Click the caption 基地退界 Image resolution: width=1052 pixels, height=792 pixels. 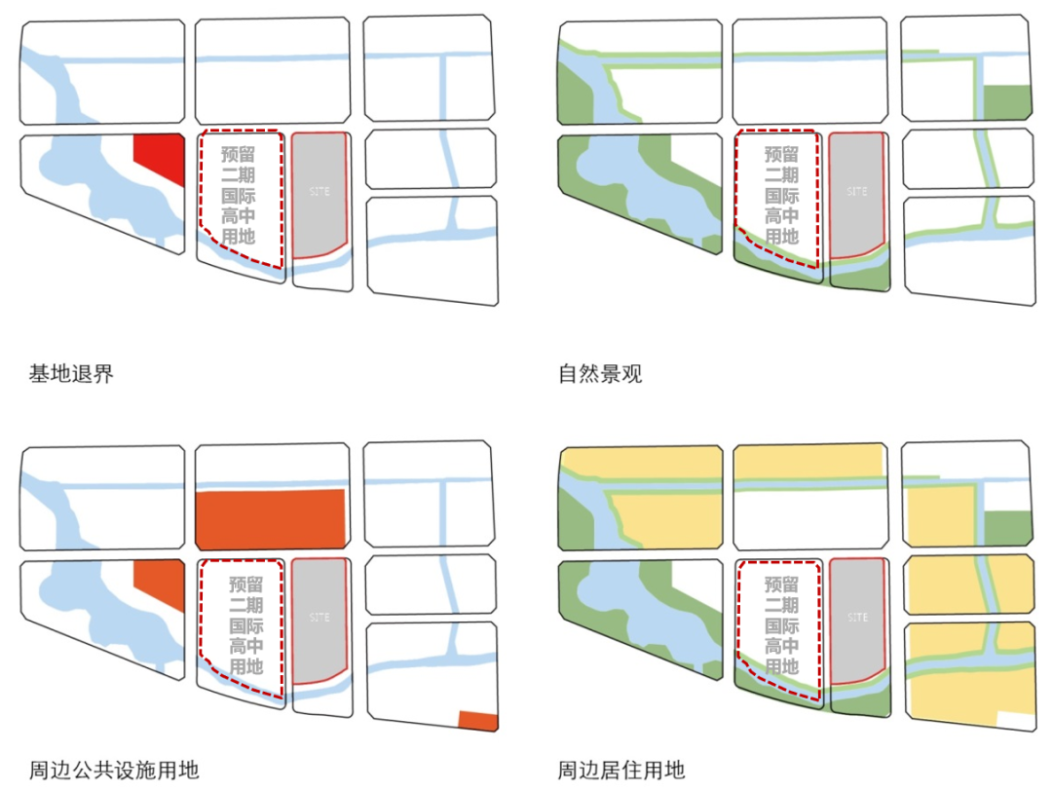71,373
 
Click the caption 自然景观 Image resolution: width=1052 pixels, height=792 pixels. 600,373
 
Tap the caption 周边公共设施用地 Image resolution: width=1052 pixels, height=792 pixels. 114,771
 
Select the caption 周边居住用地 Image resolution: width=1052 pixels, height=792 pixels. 621,771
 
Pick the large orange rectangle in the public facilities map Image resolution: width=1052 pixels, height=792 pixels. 271,518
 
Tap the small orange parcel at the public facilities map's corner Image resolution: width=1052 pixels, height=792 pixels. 478,721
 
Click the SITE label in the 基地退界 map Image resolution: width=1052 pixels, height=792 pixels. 319,192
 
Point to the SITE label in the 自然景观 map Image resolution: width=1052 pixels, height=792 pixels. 857,192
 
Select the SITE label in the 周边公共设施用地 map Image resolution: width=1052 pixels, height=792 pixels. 319,618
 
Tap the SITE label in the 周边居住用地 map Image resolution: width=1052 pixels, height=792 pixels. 857,618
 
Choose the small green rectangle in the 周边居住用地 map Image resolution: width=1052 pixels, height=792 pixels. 1007,527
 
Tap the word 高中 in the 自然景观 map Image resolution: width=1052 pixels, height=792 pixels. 781,216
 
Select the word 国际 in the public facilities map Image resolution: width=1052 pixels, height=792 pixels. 245,626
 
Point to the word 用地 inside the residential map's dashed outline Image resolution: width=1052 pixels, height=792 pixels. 782,667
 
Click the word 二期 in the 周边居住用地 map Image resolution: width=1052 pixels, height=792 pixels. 782,605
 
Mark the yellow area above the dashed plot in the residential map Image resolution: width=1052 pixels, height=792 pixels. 807,462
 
